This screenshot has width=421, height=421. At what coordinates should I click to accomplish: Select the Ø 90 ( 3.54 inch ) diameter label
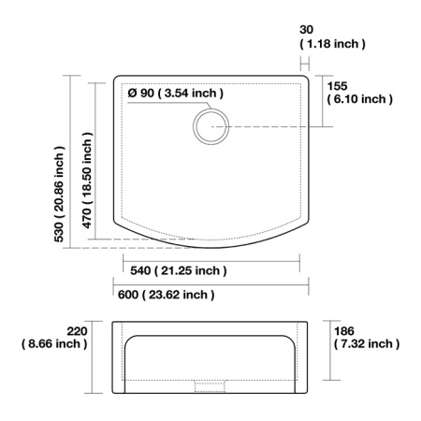point(175,93)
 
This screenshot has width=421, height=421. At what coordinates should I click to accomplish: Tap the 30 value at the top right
point(306,29)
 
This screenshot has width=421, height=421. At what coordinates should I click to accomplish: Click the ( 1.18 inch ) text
point(332,44)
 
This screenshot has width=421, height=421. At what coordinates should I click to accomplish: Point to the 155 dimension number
point(338,84)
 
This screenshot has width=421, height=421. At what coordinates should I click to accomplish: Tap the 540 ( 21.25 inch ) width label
point(175,270)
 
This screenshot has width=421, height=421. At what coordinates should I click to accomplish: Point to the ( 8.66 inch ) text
point(54,343)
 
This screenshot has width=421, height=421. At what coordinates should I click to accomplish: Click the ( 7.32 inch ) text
point(368,343)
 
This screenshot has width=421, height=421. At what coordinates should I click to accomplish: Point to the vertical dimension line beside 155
point(324,101)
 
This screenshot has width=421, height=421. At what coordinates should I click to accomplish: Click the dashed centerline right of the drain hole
point(271,126)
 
